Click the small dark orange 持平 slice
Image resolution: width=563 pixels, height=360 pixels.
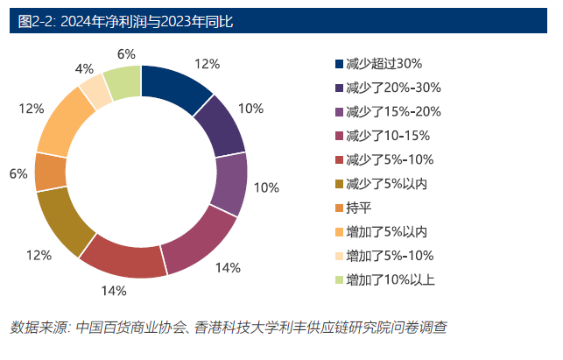(x=52, y=172)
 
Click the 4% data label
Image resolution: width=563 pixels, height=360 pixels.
(x=85, y=67)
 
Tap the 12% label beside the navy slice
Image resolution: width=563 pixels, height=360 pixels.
(x=206, y=63)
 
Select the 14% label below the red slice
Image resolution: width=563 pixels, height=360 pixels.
(x=113, y=291)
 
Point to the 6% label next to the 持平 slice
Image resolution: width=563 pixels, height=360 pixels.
(x=18, y=173)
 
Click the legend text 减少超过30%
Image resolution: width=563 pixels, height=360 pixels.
(x=384, y=63)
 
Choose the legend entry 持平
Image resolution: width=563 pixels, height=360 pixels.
(x=358, y=208)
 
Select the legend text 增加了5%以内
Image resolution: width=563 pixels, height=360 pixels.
(x=386, y=231)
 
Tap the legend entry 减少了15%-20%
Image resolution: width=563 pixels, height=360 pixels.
(x=393, y=111)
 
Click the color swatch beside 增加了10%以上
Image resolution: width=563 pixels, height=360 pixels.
(x=338, y=279)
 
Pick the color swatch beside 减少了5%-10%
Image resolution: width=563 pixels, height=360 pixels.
(x=338, y=159)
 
